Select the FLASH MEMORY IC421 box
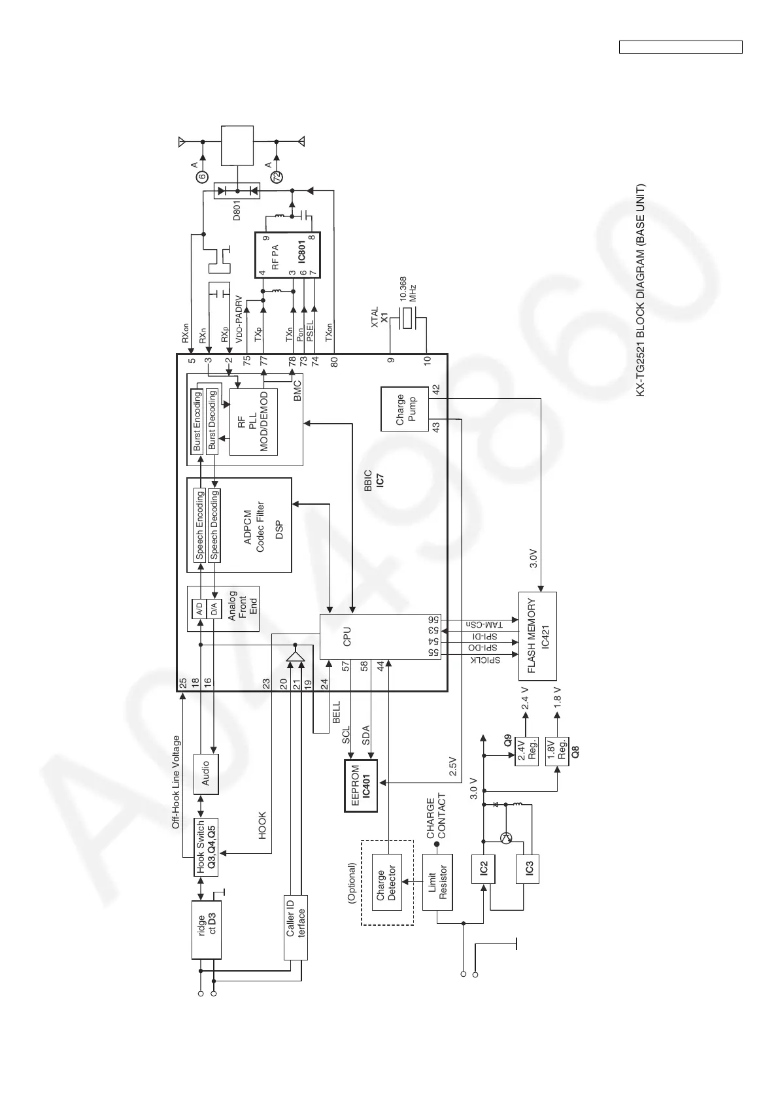(537, 636)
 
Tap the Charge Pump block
(404, 409)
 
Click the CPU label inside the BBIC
(347, 636)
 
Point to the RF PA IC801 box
(287, 255)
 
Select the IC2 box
(483, 868)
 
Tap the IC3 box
(528, 868)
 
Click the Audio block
(206, 773)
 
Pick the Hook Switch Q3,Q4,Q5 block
(205, 847)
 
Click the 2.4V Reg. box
(527, 751)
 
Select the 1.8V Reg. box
(557, 751)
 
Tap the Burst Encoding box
(197, 422)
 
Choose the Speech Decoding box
(214, 526)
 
